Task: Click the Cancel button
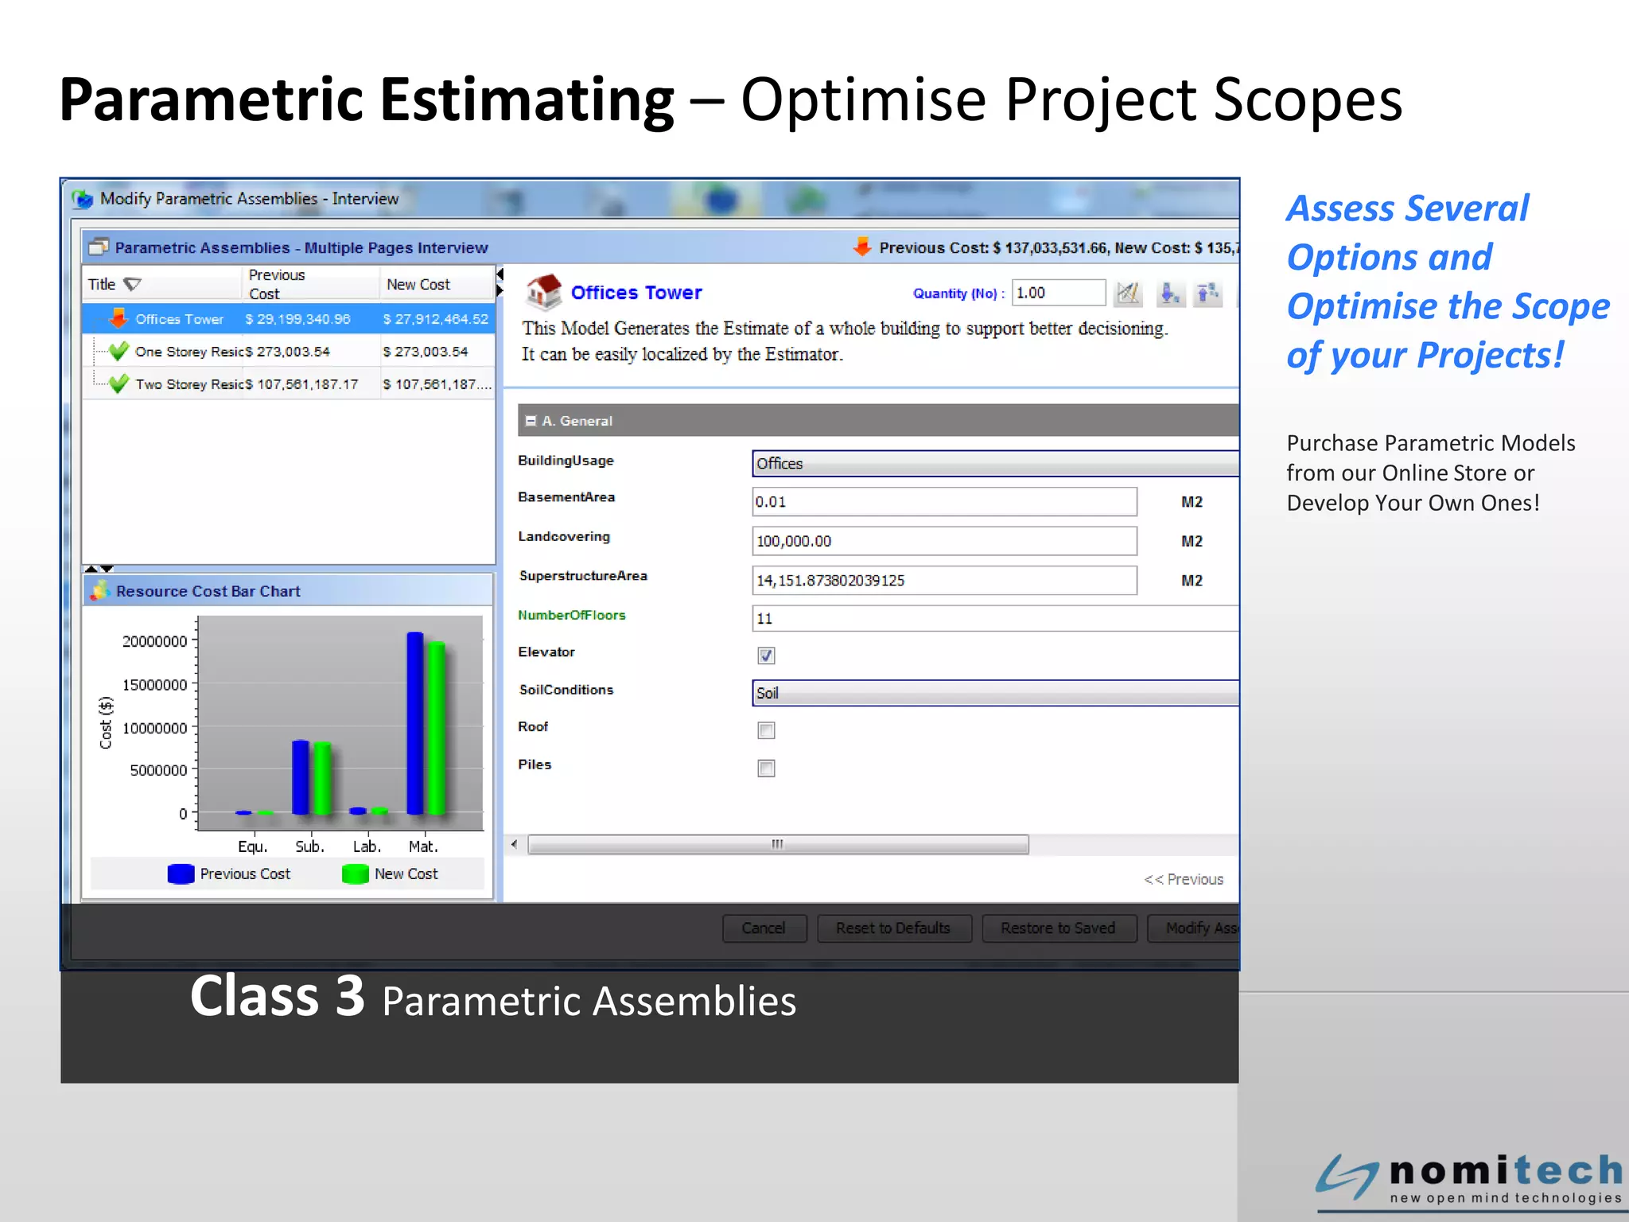[764, 928]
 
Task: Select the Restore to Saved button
[1058, 928]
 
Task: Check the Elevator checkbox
[766, 656]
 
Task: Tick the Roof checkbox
[766, 730]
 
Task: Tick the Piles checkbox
[766, 769]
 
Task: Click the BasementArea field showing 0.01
[943, 502]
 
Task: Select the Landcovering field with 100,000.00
[943, 541]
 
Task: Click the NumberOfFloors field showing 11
[994, 618]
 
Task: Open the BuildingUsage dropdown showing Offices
[994, 464]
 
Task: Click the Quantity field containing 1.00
[1058, 293]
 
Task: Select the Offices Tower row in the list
[288, 319]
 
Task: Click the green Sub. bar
[322, 777]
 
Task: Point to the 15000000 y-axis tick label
[155, 685]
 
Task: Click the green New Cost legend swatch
[355, 874]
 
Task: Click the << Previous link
[1184, 879]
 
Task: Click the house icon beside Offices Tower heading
[544, 292]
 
